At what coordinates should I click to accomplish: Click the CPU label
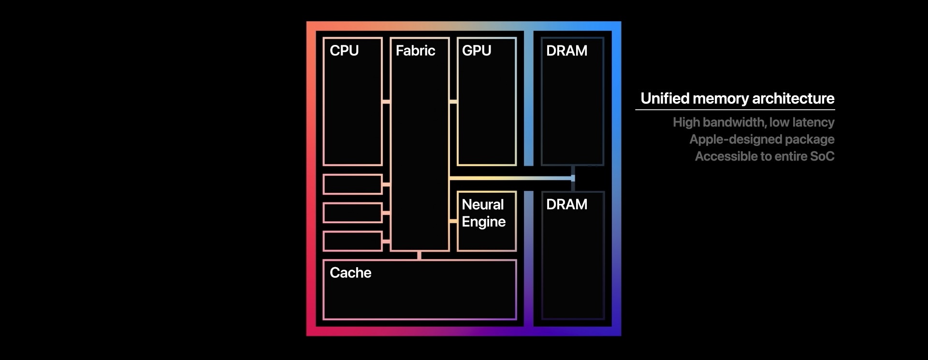(x=344, y=51)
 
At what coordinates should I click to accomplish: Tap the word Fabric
(x=415, y=51)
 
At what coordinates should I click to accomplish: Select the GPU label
(x=477, y=51)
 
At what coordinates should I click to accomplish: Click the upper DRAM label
(x=566, y=51)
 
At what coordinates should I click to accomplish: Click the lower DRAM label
(x=566, y=204)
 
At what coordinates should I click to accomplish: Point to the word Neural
(x=482, y=204)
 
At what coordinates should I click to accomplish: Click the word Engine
(x=483, y=222)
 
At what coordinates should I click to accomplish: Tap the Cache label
(x=350, y=273)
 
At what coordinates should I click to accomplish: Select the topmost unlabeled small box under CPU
(x=352, y=184)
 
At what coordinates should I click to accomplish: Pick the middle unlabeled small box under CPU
(x=352, y=213)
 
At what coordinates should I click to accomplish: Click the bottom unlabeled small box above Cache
(x=352, y=241)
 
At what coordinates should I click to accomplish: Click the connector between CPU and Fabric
(x=386, y=101)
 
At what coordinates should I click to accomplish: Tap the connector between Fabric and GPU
(x=453, y=101)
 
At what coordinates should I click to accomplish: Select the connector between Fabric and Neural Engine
(x=453, y=221)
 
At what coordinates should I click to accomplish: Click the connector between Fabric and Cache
(x=419, y=255)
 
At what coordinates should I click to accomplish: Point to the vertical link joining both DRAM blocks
(x=573, y=178)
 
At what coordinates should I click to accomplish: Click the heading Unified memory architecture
(x=737, y=99)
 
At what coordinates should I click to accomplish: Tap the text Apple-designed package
(x=762, y=139)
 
